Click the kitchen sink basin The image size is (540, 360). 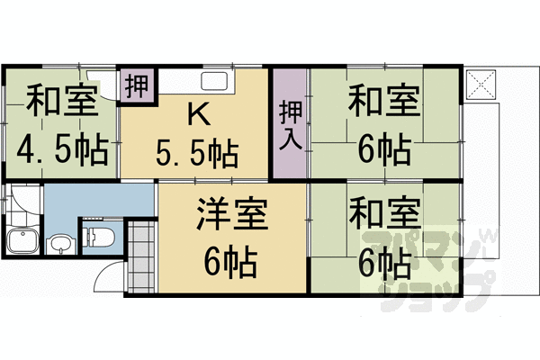coord(216,83)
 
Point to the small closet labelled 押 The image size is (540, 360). coord(137,86)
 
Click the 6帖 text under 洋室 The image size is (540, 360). coord(230,263)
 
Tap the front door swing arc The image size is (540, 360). coord(108,274)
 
